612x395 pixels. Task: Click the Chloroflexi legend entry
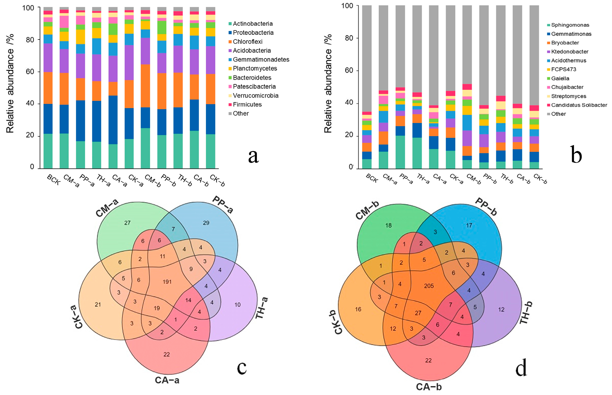(248, 41)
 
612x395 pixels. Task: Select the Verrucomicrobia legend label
(255, 96)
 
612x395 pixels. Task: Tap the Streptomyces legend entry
(568, 96)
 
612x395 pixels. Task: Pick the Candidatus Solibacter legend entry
(579, 105)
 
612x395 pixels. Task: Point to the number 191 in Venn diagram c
(167, 282)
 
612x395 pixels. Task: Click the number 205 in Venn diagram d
(429, 286)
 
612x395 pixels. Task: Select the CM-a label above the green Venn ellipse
(107, 208)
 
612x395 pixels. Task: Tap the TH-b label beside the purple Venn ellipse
(526, 312)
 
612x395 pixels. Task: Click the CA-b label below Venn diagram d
(428, 387)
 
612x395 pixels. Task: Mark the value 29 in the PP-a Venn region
(206, 223)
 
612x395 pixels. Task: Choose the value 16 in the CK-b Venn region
(358, 309)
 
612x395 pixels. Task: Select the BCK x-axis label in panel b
(372, 178)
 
